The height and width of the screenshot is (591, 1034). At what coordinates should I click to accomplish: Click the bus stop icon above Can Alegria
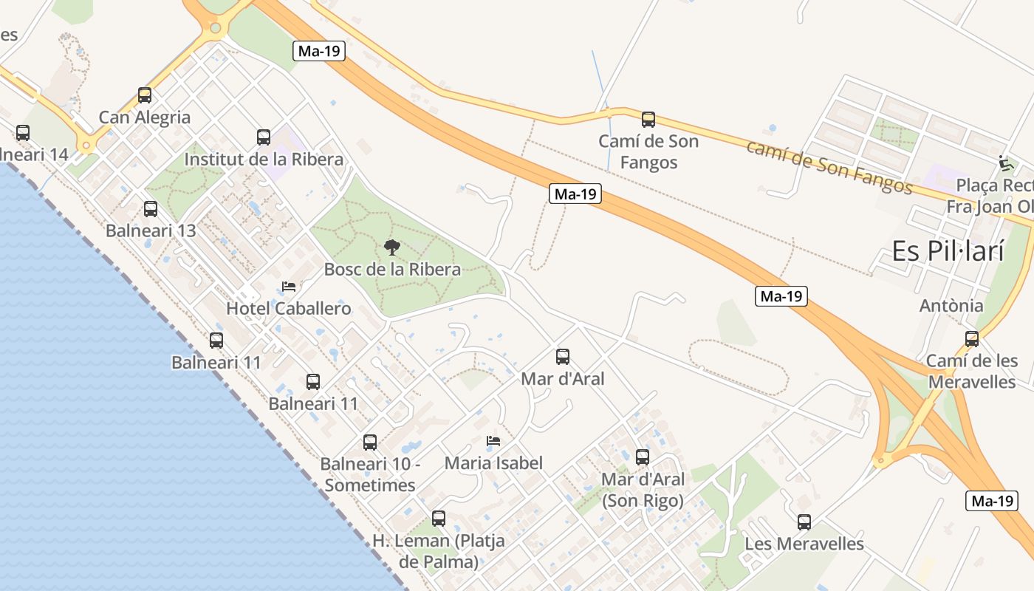tap(145, 95)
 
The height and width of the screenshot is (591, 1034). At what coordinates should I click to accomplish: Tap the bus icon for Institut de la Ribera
tap(264, 137)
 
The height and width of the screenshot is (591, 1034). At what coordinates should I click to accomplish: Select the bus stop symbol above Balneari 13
tap(151, 209)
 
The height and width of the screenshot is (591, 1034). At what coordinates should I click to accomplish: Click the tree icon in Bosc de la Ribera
tap(392, 247)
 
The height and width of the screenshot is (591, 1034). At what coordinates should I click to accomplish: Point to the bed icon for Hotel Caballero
tap(289, 287)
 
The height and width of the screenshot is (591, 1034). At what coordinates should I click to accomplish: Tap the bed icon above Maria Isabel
tap(493, 442)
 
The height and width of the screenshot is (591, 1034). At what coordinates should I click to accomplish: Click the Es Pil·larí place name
tap(948, 251)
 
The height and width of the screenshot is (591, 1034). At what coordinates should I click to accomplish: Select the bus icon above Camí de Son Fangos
tap(648, 120)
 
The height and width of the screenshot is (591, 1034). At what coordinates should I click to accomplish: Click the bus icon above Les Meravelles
tap(804, 522)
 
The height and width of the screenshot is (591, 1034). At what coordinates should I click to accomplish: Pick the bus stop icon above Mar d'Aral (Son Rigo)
tap(643, 457)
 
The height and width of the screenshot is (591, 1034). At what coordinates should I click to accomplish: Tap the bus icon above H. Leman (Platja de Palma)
tap(439, 519)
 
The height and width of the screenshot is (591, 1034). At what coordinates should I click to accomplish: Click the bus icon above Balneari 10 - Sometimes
tap(370, 443)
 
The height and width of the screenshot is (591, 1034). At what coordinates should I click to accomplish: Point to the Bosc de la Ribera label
tap(392, 270)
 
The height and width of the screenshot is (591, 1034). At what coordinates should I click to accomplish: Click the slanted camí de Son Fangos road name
tap(829, 166)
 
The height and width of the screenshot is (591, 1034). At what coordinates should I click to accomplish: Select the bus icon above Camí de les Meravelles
tap(972, 339)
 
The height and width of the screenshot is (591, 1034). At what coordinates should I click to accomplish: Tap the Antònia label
tap(951, 306)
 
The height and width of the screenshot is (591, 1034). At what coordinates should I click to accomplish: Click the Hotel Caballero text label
tap(289, 309)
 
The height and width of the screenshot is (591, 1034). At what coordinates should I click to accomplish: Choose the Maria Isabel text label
tap(493, 463)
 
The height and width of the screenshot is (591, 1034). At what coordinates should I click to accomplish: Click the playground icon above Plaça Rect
tap(1004, 163)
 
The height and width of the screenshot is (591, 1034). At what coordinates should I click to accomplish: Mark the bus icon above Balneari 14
tap(23, 133)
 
